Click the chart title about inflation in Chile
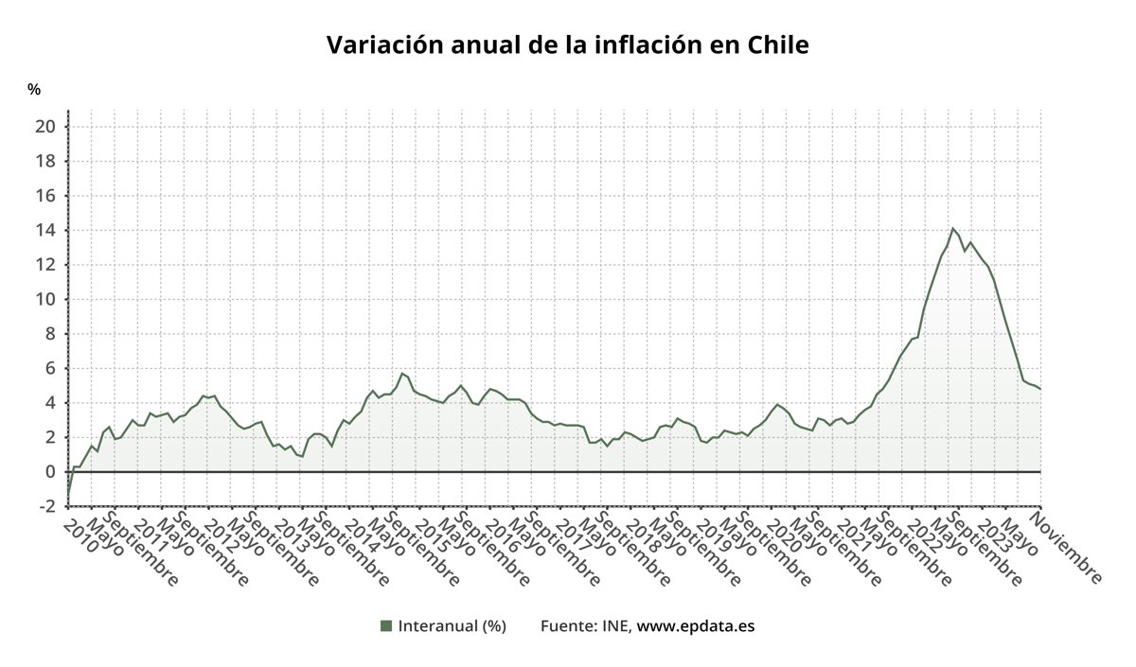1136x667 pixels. pos(567,45)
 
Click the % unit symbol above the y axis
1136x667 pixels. pos(34,90)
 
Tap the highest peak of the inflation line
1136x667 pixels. pos(953,228)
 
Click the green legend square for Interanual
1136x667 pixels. pos(385,625)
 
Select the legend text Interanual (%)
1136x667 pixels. pos(453,625)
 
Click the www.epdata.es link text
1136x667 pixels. pos(696,625)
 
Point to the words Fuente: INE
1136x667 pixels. pos(586,625)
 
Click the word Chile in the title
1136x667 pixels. pos(778,45)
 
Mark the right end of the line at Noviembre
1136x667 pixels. pos(1040,389)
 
